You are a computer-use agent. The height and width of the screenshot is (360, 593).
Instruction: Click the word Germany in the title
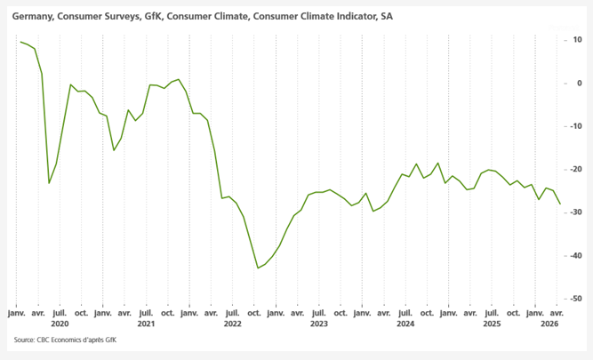(x=32, y=16)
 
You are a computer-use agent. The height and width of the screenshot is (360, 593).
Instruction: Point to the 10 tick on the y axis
(x=577, y=40)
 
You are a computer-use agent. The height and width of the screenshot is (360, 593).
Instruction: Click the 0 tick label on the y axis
(x=579, y=83)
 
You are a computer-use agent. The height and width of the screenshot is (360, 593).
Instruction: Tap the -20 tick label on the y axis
(x=576, y=169)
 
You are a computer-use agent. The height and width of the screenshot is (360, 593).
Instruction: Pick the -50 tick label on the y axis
(x=576, y=299)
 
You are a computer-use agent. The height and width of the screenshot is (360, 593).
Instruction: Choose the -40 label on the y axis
(x=576, y=255)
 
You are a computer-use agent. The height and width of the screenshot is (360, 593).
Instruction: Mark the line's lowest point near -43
(x=258, y=268)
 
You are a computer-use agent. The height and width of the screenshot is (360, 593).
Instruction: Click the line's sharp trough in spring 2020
(x=49, y=183)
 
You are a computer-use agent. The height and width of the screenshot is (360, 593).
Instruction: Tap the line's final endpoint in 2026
(x=560, y=204)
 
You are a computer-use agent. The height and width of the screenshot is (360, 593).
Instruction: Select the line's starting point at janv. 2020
(x=20, y=42)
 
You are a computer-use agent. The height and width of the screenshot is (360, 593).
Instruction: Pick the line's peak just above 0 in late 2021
(x=179, y=79)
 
